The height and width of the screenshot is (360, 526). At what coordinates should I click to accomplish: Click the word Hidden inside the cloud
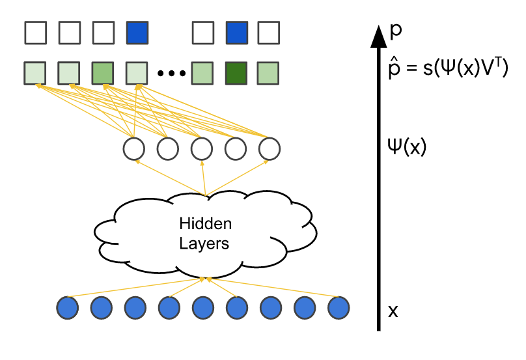205,225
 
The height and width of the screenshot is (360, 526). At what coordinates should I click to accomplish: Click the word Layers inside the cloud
205,244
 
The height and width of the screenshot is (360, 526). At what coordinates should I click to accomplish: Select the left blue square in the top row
137,32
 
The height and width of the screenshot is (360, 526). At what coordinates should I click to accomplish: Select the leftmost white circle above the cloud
133,150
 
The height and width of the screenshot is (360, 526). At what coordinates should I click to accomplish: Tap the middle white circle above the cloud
201,150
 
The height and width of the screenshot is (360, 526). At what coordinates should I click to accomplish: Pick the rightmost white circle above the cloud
269,150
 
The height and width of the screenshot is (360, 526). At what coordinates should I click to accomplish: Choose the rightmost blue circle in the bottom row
339,307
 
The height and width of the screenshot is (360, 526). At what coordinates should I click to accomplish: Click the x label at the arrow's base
393,311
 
